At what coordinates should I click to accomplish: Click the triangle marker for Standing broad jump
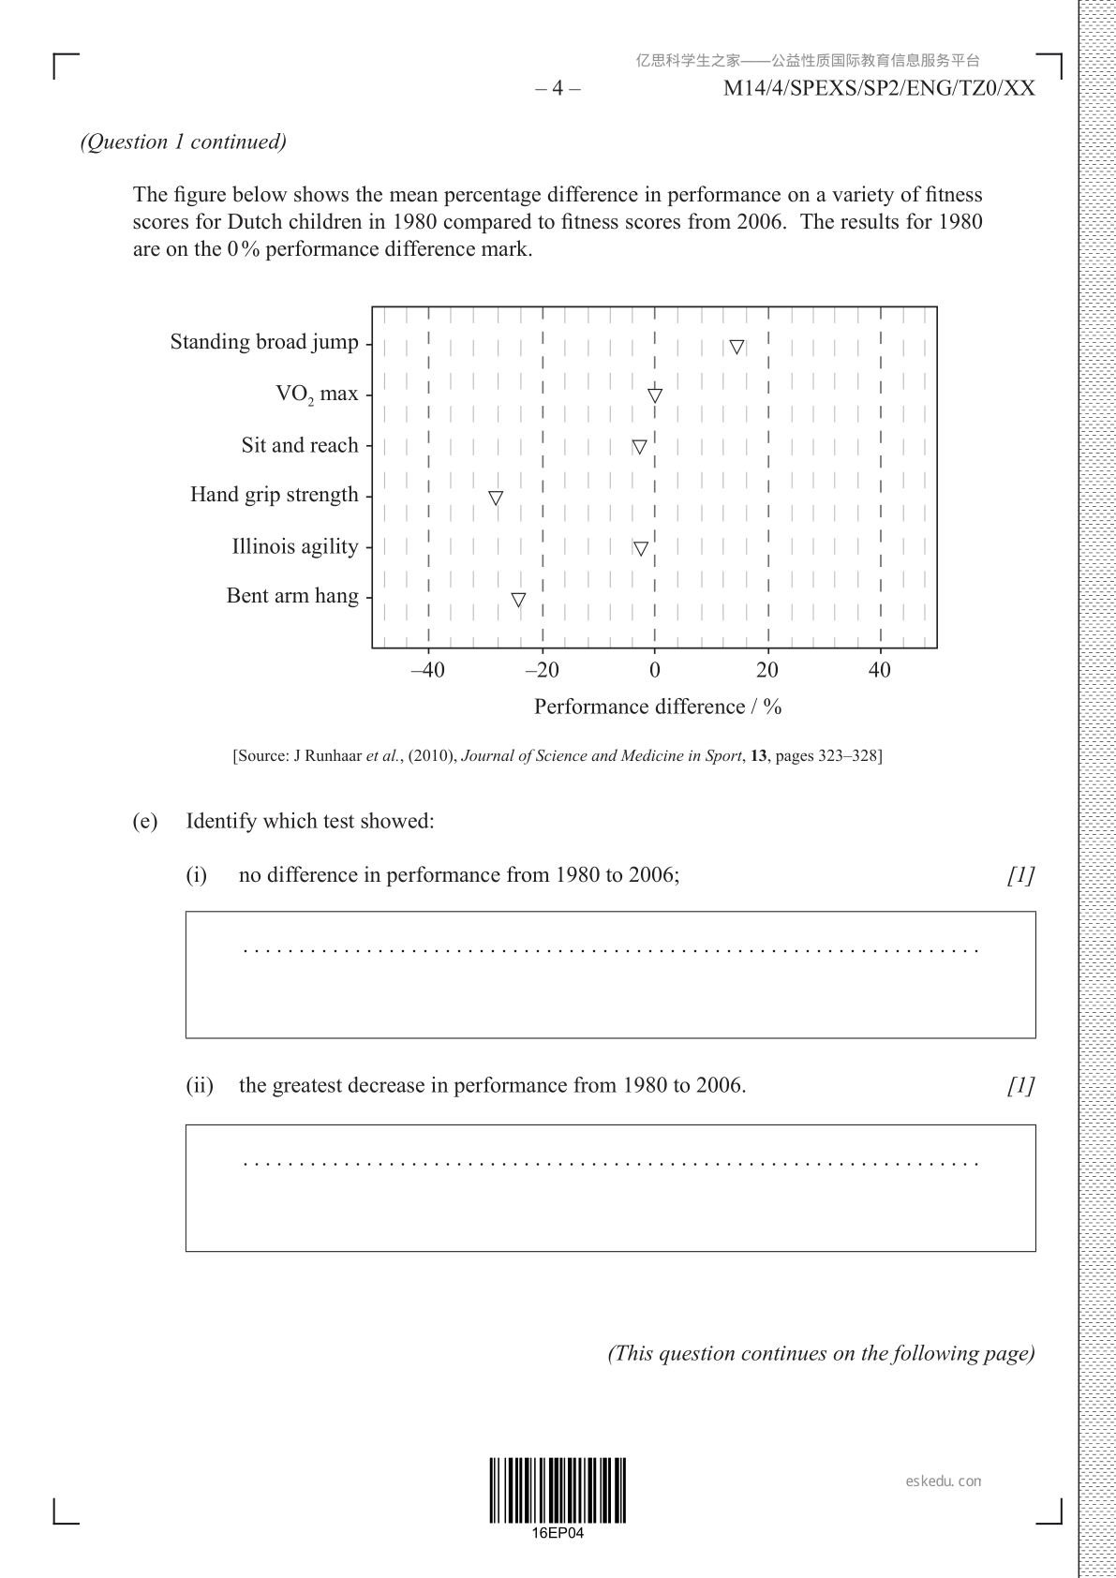737,347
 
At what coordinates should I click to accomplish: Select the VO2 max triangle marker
655,395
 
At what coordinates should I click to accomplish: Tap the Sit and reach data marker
639,447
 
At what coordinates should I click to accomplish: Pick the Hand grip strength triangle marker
496,498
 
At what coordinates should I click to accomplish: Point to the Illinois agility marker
640,548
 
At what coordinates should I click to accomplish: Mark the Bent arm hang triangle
518,600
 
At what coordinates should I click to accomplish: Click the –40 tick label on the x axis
427,670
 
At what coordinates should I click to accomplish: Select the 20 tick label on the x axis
767,670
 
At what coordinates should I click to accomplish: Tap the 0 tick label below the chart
655,670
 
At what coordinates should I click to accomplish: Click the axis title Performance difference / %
658,707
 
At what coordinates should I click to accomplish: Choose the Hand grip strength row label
274,495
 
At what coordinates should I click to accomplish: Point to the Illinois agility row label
295,546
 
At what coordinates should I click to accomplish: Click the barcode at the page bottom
558,1490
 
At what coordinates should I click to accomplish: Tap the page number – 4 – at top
558,89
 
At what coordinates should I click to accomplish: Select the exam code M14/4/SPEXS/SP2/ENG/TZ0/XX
879,89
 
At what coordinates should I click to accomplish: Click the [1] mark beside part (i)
1020,875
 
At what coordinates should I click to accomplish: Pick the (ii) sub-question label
200,1086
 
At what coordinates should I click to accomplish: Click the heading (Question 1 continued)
184,141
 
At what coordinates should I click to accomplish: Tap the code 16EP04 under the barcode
558,1533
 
